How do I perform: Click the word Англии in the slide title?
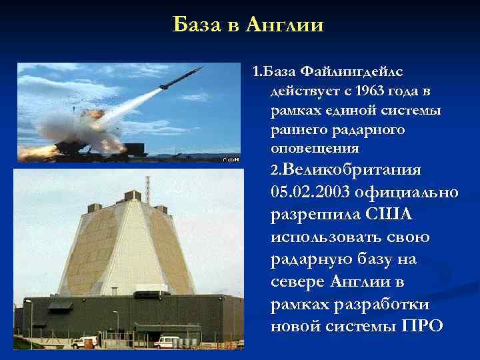[x=285, y=25]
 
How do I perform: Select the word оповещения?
[x=314, y=147]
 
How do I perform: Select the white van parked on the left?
[x=85, y=342]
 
